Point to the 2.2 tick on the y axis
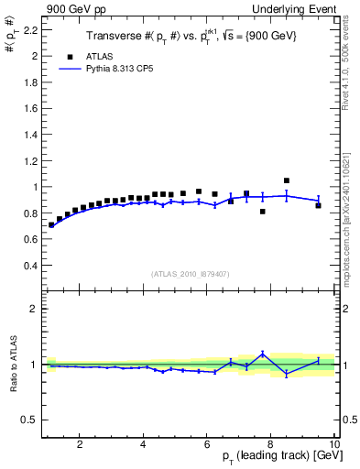(31, 29)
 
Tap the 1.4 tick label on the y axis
(31, 135)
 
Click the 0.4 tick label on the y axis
(31, 266)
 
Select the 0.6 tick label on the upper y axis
(31, 239)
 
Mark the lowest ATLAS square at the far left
(51, 224)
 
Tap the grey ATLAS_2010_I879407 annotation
(189, 274)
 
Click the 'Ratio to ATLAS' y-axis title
(12, 366)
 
